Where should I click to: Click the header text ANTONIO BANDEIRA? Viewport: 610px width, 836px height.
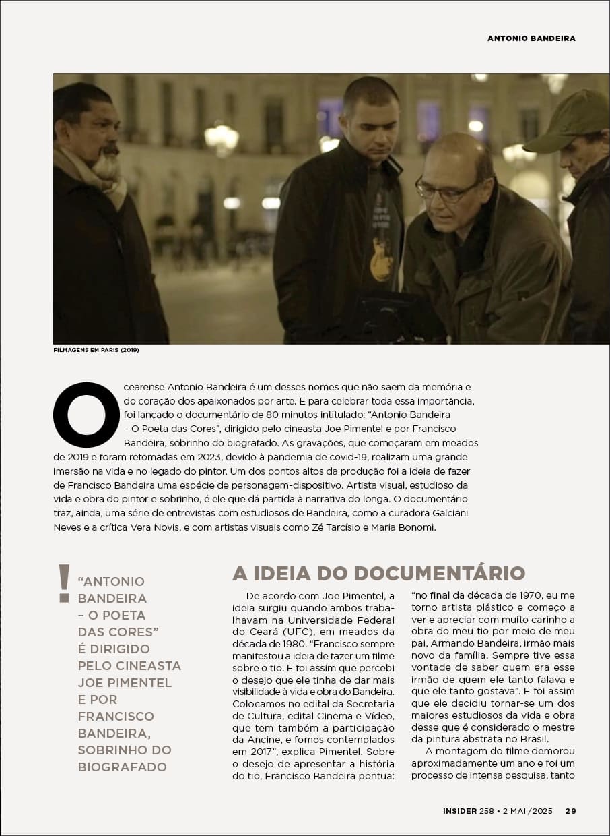[531, 38]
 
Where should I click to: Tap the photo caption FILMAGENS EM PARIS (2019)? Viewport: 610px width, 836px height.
[96, 350]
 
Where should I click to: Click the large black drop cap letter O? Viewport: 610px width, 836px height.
[86, 415]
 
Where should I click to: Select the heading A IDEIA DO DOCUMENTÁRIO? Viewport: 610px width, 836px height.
[378, 573]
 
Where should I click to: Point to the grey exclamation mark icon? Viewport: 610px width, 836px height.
[64, 583]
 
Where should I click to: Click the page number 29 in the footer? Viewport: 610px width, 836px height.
[570, 811]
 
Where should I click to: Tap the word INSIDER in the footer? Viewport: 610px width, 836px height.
[460, 811]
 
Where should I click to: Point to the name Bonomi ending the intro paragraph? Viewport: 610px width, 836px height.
[416, 527]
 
